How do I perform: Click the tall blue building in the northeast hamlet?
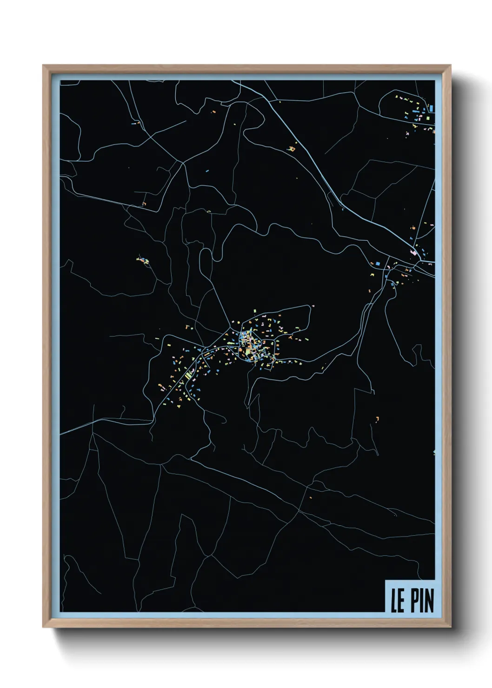[x=431, y=108]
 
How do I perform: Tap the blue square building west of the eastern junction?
[x=378, y=264]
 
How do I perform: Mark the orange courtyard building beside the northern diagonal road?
[x=292, y=149]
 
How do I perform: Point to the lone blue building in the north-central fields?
[x=207, y=171]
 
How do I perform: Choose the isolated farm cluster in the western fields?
[x=142, y=260]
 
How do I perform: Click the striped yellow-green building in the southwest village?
[x=188, y=374]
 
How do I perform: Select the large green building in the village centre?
[x=248, y=356]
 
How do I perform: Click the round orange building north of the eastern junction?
[x=413, y=228]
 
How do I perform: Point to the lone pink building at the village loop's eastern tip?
[x=312, y=306]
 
